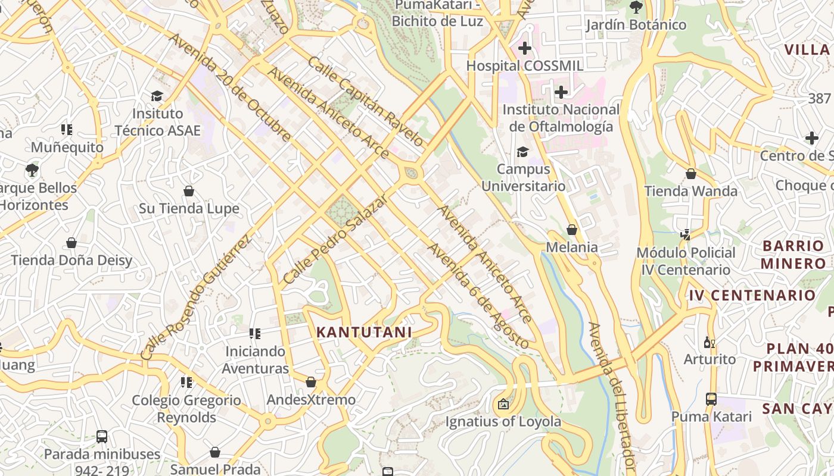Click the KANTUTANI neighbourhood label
[364, 333]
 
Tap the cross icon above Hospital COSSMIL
[525, 48]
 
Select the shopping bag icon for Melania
[572, 230]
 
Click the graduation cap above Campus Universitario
[522, 152]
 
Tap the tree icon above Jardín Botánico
[636, 8]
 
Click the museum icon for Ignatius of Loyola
[503, 405]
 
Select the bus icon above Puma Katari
[711, 399]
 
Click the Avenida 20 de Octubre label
[230, 87]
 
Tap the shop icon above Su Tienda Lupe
[189, 191]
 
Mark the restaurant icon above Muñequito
[67, 130]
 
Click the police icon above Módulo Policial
[685, 235]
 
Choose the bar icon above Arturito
[709, 342]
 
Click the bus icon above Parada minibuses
[102, 437]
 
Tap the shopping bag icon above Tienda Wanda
[691, 174]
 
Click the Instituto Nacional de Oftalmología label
[561, 118]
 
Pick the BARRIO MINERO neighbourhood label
[793, 254]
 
